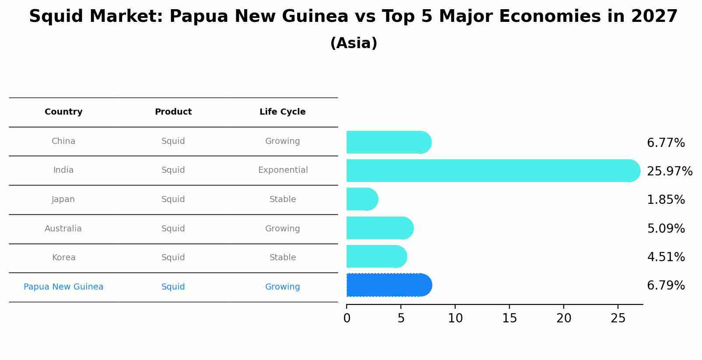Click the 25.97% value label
[669, 171]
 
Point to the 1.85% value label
[666, 200]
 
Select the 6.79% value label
[666, 286]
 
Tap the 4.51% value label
[666, 257]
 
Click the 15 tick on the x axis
[509, 318]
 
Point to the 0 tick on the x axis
[347, 318]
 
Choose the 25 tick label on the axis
[618, 318]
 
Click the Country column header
[63, 112]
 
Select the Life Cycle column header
[282, 112]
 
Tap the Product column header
[173, 112]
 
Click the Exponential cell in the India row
[283, 170]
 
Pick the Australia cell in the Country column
[63, 229]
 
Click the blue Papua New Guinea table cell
[63, 287]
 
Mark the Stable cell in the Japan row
[282, 199]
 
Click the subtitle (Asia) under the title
[354, 43]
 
